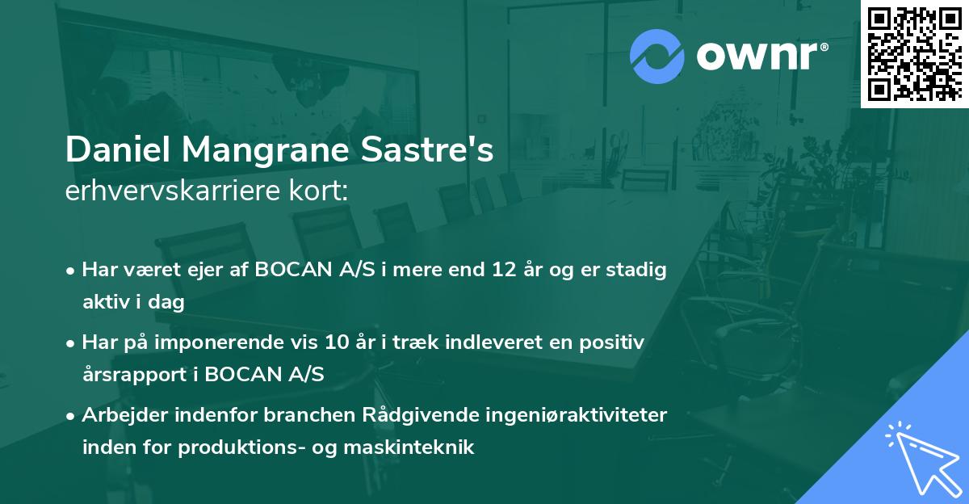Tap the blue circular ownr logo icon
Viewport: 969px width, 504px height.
[657, 56]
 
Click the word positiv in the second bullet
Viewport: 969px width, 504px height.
[617, 342]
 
